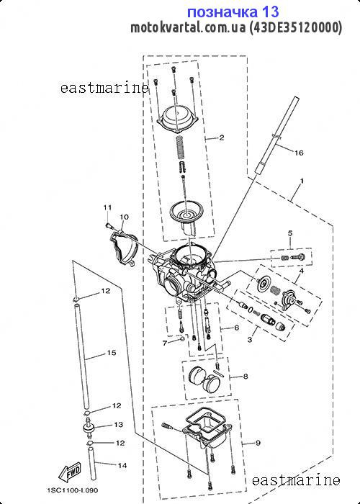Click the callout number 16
click(x=299, y=153)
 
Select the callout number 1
click(x=302, y=181)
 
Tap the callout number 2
click(x=222, y=138)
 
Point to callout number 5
click(x=290, y=233)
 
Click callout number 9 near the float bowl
click(x=258, y=444)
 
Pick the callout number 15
click(x=111, y=353)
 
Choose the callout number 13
click(x=118, y=425)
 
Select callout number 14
click(x=122, y=465)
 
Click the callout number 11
click(x=107, y=207)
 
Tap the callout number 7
click(x=165, y=343)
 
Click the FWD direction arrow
click(x=69, y=472)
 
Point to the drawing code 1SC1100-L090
click(x=72, y=490)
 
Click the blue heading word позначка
click(x=222, y=12)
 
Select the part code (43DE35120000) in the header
click(x=296, y=27)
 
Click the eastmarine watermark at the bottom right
click(x=296, y=480)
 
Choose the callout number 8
click(x=246, y=377)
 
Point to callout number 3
click(x=250, y=339)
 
